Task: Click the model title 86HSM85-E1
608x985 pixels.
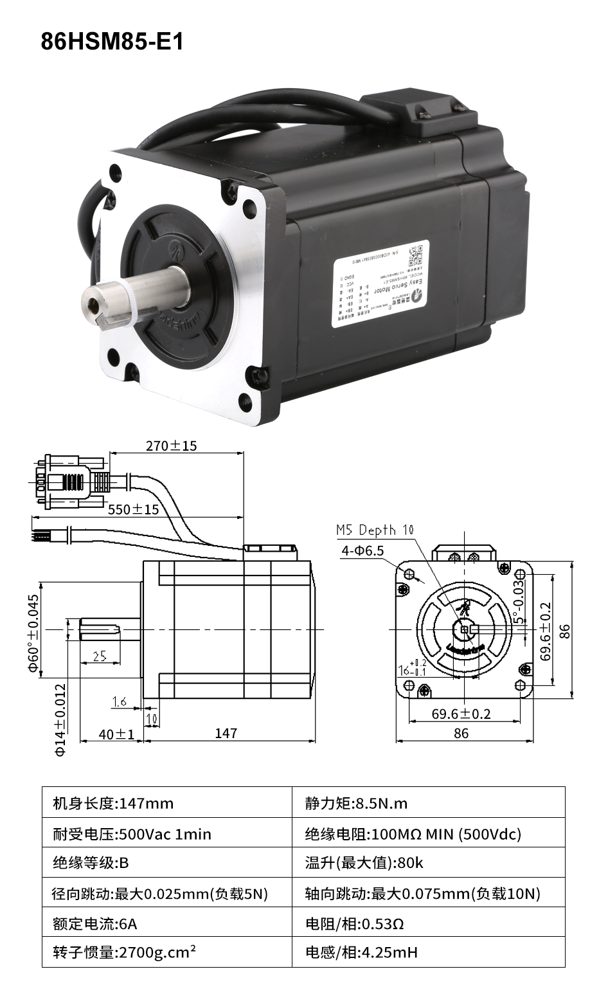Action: (x=112, y=41)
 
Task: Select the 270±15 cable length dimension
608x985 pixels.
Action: (x=171, y=445)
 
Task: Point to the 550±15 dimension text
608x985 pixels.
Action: (x=133, y=509)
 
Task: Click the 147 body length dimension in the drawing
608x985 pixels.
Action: (x=226, y=733)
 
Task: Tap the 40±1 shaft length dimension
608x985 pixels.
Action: (x=116, y=734)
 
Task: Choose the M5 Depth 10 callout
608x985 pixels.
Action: (x=375, y=530)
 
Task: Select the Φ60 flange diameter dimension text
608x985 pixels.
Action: (x=33, y=633)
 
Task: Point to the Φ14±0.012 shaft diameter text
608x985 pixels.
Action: (x=60, y=719)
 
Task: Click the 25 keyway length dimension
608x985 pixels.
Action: (x=100, y=656)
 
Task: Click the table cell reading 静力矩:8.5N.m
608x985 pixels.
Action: (x=356, y=803)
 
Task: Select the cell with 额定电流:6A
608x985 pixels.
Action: (x=95, y=924)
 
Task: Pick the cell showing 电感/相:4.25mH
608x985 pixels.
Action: (x=362, y=952)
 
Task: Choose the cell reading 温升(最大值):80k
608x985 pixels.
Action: (x=364, y=863)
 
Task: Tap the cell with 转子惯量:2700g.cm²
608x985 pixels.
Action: (x=125, y=952)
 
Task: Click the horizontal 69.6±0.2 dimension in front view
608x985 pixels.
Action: (x=461, y=714)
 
